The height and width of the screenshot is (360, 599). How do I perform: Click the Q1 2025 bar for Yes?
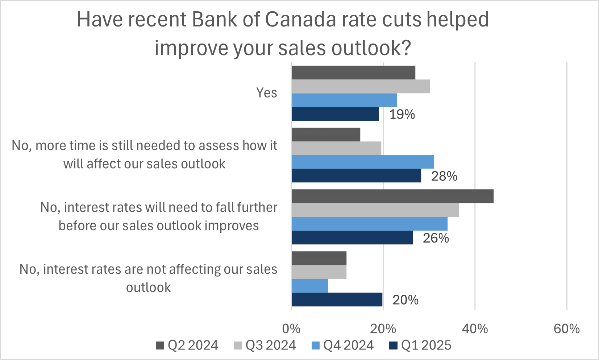coord(335,114)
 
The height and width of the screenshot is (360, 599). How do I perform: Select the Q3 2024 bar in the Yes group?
coord(361,87)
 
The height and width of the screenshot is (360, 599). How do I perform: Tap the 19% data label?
coord(402,115)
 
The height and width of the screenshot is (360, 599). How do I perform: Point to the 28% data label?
coord(444,176)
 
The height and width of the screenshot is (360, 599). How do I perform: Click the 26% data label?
coord(436,238)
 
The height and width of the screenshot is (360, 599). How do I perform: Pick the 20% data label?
coord(405,300)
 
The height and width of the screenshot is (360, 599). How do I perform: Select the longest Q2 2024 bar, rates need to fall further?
coord(392,196)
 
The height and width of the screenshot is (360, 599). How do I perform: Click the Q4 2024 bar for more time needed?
coord(362,162)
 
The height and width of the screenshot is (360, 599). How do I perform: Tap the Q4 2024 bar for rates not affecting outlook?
coord(309,286)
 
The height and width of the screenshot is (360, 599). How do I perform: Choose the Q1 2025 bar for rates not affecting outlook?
coord(337,299)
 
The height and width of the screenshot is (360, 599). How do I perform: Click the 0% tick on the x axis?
coord(291,329)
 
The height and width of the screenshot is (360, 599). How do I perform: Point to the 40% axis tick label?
coord(475,329)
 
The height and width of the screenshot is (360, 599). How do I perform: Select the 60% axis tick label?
coord(566,329)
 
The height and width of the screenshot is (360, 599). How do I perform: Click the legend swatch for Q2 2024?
coord(160,345)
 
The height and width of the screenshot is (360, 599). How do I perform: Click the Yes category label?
coord(266,93)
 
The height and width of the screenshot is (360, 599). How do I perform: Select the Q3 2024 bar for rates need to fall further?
coord(375,210)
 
